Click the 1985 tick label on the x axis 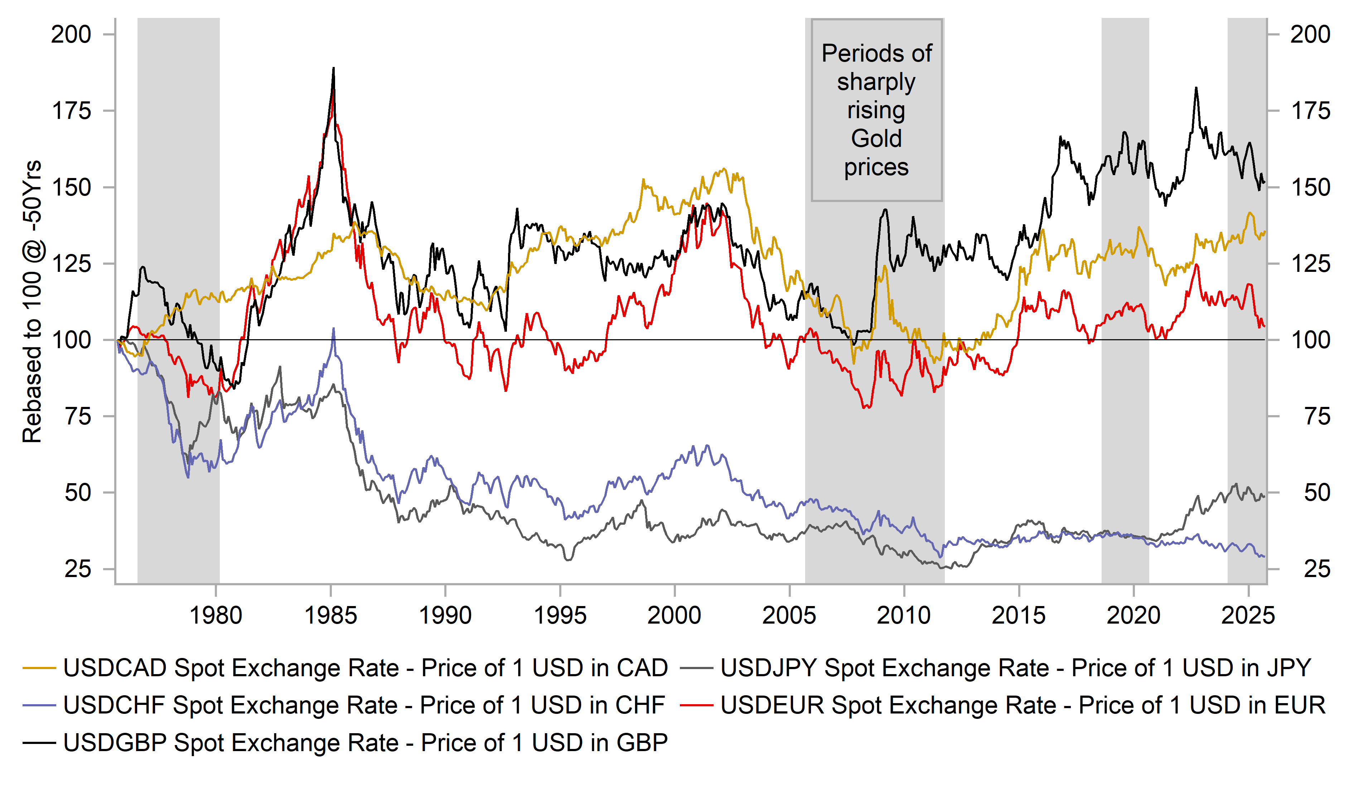(330, 615)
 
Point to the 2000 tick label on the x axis (674, 615)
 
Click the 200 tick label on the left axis (71, 34)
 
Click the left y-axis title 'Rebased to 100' (32, 301)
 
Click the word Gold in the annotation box (876, 139)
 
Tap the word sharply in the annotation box (876, 82)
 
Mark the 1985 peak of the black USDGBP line (334, 68)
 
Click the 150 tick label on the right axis (1310, 187)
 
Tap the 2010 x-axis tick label (904, 615)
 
